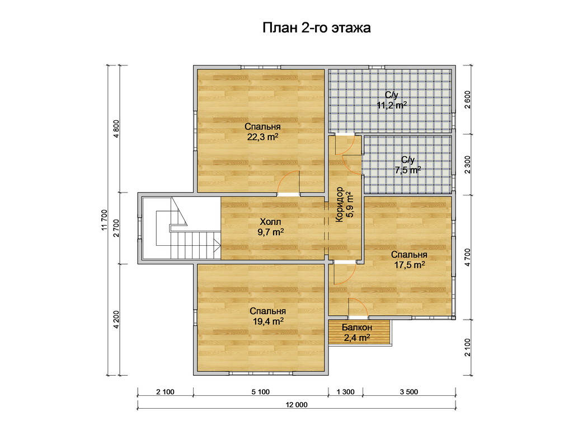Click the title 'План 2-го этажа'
tap(317, 28)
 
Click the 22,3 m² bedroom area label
tap(263, 137)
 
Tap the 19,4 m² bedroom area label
tap(268, 322)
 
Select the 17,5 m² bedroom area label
tap(409, 265)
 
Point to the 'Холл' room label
tap(270, 222)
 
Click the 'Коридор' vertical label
tap(340, 205)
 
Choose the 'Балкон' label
tap(357, 328)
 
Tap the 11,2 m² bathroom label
tap(392, 106)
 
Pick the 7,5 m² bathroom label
tap(408, 170)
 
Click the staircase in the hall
tap(182, 228)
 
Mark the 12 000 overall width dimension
tap(297, 405)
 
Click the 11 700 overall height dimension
tap(105, 220)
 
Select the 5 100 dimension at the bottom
tap(261, 392)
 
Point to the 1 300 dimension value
tap(345, 392)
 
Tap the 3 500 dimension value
tap(409, 392)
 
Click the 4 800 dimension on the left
tap(116, 129)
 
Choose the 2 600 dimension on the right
tap(468, 100)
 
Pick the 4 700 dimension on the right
tap(468, 258)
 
